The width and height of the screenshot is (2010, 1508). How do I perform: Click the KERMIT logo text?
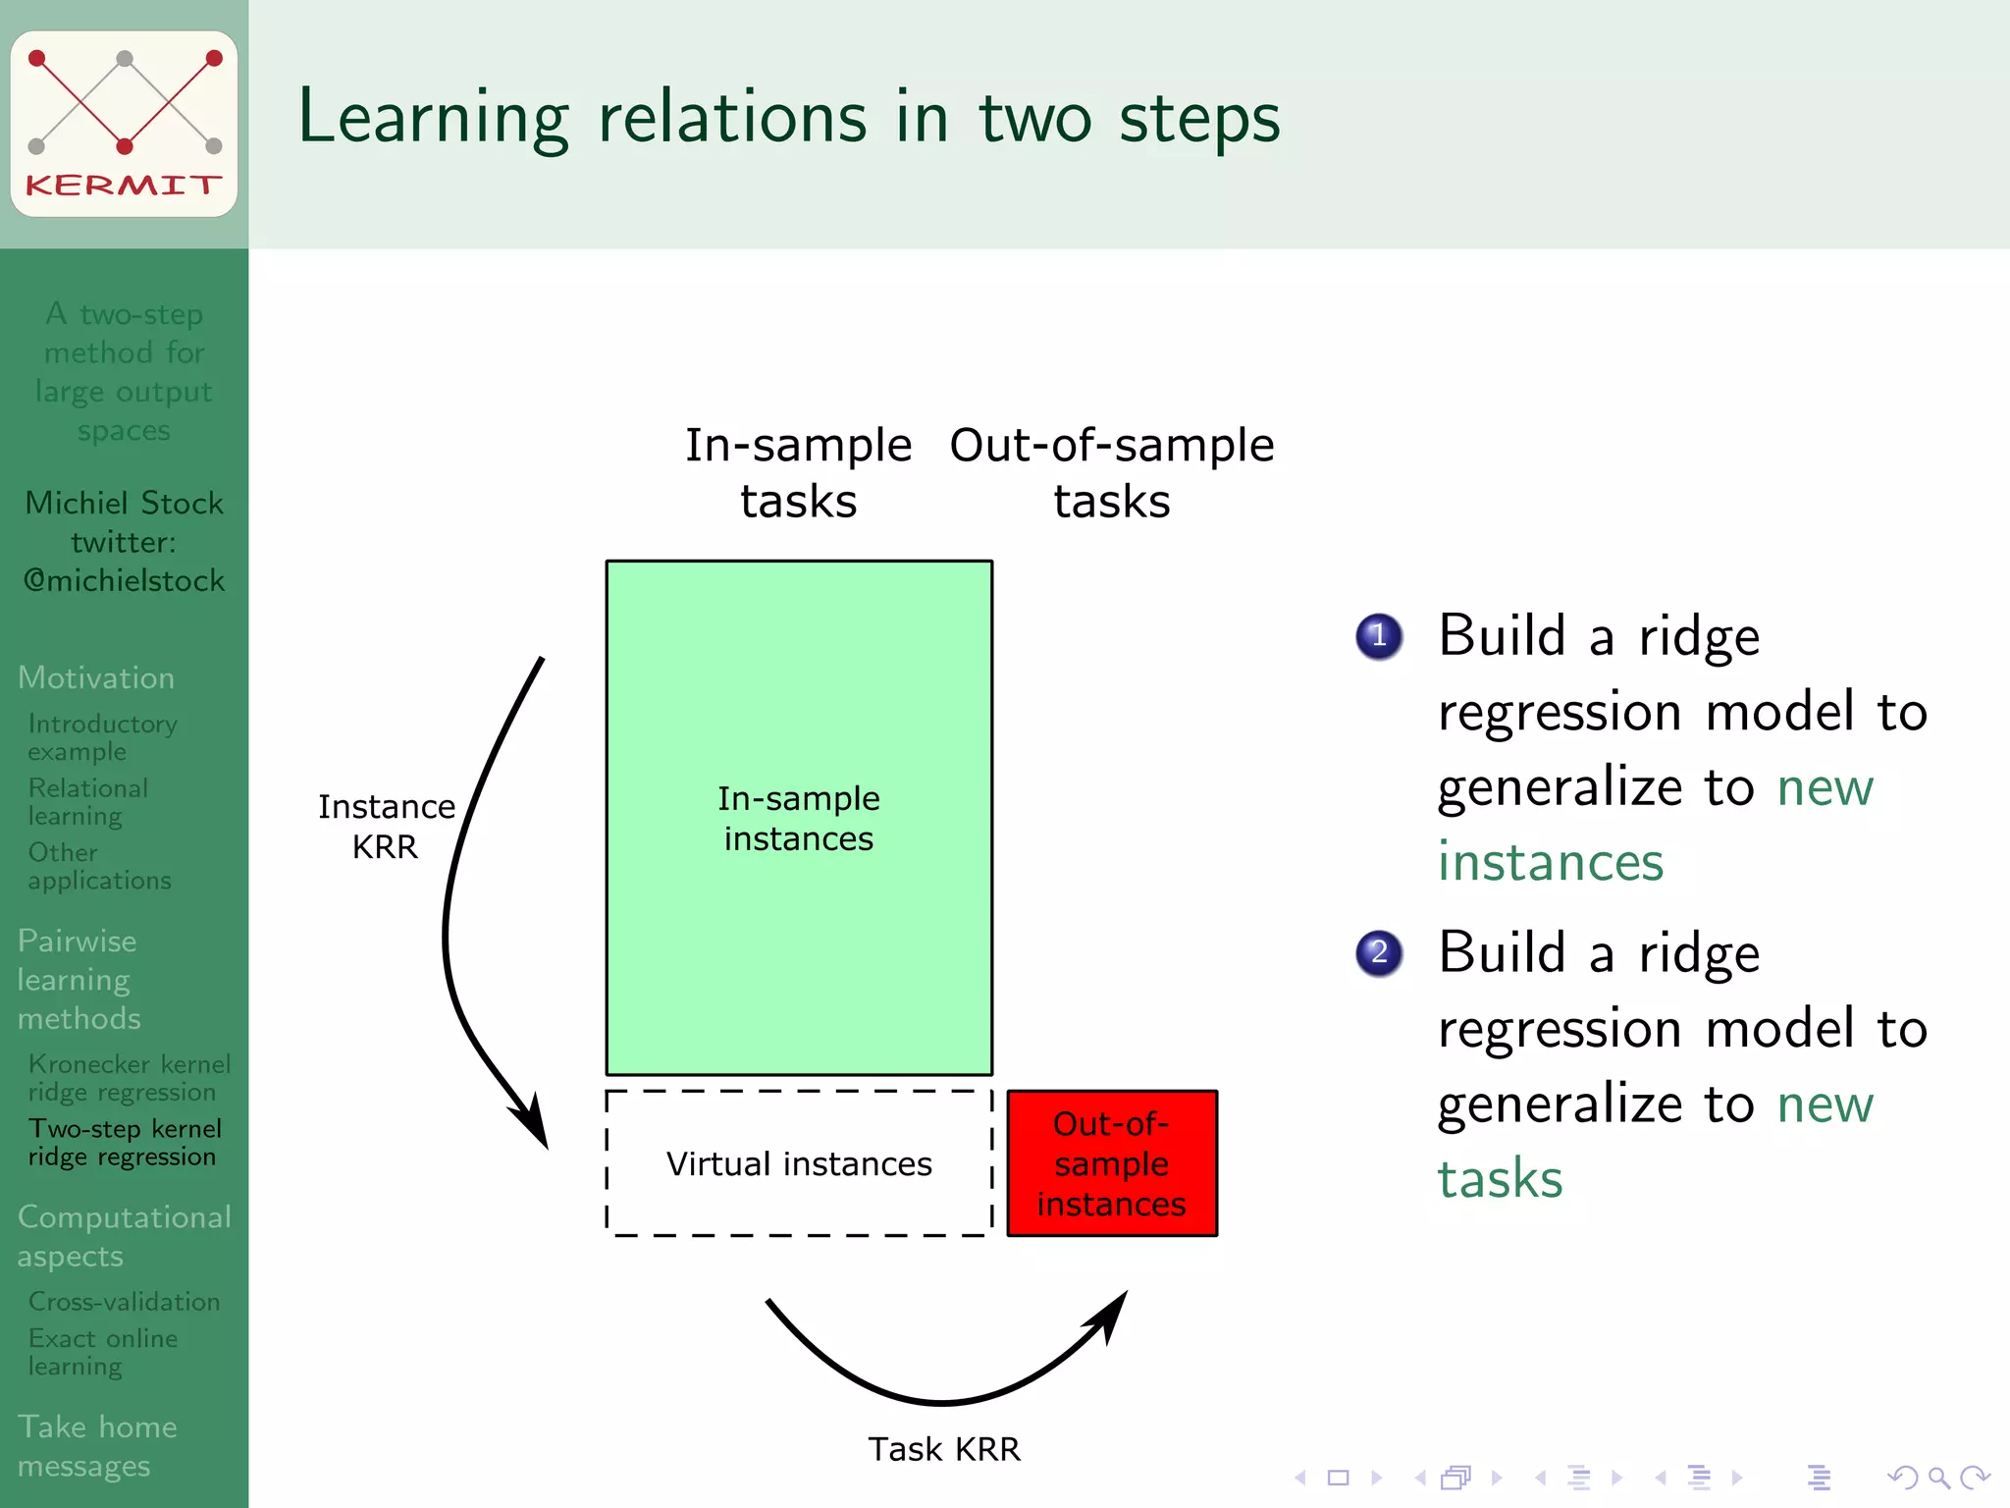124,185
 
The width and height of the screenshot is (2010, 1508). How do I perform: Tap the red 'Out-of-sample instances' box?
1112,1163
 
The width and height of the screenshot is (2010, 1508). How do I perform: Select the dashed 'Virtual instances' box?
799,1163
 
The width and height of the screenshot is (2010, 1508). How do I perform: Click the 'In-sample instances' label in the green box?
799,819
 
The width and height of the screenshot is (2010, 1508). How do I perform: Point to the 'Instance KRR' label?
387,827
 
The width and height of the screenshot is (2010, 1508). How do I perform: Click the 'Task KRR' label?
944,1449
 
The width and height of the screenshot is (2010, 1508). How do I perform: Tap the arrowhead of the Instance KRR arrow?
534,1125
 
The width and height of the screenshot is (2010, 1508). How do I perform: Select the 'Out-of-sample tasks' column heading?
1112,472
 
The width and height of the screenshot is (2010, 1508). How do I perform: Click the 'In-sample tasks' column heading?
799,472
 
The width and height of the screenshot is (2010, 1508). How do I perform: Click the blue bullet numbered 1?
1379,636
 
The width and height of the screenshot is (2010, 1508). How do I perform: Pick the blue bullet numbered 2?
1379,952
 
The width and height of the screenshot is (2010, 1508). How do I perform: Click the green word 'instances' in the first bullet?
1551,862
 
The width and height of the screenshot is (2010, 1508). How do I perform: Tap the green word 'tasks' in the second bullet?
1500,1179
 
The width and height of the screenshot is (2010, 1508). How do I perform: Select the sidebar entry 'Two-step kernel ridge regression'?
124,1143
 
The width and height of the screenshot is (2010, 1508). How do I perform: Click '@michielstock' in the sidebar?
125,581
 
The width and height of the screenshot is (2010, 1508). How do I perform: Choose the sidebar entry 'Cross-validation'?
124,1302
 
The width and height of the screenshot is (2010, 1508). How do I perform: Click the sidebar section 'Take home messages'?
97,1446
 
